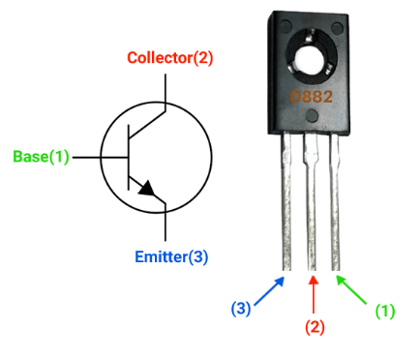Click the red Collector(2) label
170,58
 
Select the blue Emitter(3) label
170,256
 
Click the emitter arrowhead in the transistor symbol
145,190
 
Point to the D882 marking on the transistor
312,97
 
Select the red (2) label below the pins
315,326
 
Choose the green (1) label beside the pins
385,311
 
